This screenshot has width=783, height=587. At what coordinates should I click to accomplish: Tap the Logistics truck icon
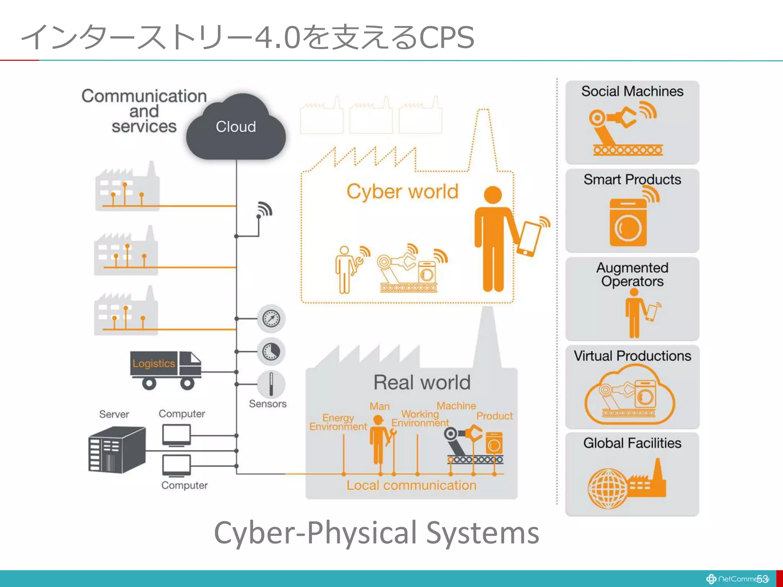pos(165,369)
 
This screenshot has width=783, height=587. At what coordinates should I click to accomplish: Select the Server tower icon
pos(117,450)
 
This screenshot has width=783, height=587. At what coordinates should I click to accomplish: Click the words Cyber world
pos(402,191)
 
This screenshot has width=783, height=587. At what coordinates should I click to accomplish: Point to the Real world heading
pos(422,382)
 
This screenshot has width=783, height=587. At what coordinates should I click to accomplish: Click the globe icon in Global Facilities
pos(607,488)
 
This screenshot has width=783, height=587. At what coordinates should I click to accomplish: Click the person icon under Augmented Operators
pos(634,313)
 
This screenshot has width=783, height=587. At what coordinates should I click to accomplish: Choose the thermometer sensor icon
pos(271,384)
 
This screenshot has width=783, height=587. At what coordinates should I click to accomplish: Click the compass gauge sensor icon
pos(271,318)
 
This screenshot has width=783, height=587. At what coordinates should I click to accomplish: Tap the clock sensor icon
pos(271,351)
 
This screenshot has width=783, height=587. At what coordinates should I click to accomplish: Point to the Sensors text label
pos(268,404)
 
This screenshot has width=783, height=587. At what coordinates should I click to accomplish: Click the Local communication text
pos(411,485)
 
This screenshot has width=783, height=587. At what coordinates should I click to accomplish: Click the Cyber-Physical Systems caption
pos(376,533)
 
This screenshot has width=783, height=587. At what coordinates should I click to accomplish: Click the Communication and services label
pos(144,111)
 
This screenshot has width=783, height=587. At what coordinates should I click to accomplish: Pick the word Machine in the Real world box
pos(456,405)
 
